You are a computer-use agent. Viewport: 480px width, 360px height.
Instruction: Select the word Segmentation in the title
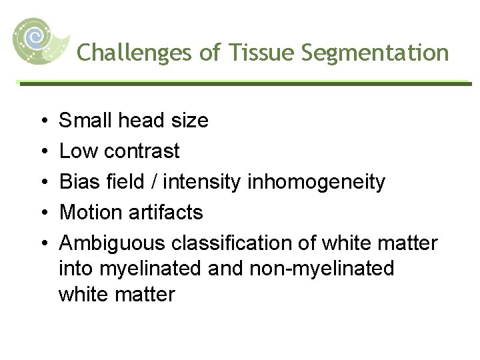point(375,53)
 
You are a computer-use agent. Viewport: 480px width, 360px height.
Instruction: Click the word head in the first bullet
point(145,121)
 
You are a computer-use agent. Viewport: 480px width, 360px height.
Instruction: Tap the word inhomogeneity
point(317,182)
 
